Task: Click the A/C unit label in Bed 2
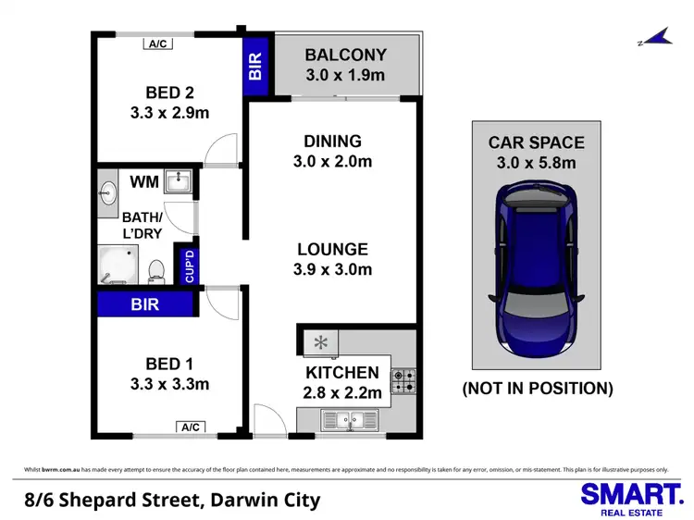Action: (155, 43)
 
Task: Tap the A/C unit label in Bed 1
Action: (191, 427)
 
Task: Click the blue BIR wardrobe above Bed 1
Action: (145, 303)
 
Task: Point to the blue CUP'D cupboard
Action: (191, 266)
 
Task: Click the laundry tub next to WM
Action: (178, 182)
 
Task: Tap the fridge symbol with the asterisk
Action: (320, 343)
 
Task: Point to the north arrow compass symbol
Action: (654, 39)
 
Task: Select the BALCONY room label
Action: (345, 55)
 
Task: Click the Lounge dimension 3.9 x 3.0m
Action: (333, 270)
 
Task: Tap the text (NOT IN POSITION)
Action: (537, 389)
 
